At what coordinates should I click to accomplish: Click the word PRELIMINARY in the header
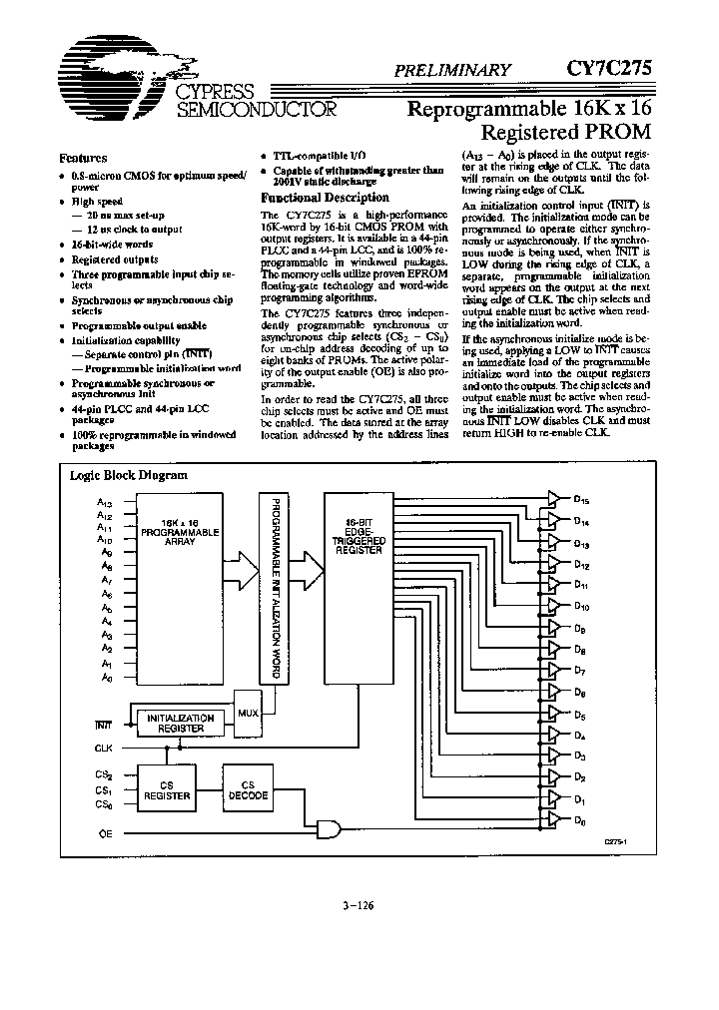click(453, 70)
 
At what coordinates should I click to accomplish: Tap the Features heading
click(83, 158)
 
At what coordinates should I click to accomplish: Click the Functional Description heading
click(311, 198)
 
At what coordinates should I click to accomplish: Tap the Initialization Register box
click(181, 724)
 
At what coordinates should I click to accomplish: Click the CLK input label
click(104, 747)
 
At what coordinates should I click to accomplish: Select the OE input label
click(105, 831)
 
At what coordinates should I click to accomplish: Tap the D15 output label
click(581, 501)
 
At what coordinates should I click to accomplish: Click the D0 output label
click(580, 820)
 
